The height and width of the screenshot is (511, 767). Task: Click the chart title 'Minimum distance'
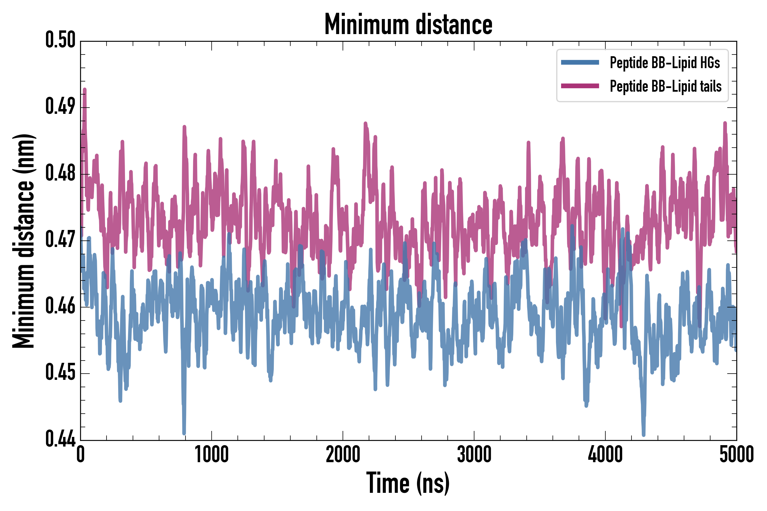(x=408, y=24)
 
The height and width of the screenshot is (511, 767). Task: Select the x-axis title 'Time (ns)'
(x=408, y=483)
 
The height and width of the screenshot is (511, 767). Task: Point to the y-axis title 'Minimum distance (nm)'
(x=24, y=241)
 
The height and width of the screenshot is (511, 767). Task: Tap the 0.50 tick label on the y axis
(x=60, y=40)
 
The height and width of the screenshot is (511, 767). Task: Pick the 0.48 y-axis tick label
(x=60, y=173)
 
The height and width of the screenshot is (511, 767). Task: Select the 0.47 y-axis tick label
(x=60, y=240)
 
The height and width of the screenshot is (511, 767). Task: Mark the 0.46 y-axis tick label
(x=60, y=306)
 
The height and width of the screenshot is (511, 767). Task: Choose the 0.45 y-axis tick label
(x=60, y=372)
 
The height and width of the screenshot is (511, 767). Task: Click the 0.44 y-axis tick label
(x=60, y=439)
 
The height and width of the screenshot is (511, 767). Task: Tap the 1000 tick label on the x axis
(x=212, y=454)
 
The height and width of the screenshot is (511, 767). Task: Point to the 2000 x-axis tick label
(x=343, y=454)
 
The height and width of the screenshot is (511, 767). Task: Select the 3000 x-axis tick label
(x=474, y=454)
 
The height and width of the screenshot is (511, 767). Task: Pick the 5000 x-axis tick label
(x=736, y=454)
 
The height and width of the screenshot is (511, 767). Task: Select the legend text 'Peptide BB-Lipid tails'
(x=666, y=86)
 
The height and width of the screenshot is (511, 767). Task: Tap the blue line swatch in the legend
(x=580, y=62)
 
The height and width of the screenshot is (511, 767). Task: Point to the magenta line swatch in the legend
(x=580, y=86)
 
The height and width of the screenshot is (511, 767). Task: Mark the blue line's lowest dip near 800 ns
(x=184, y=433)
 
